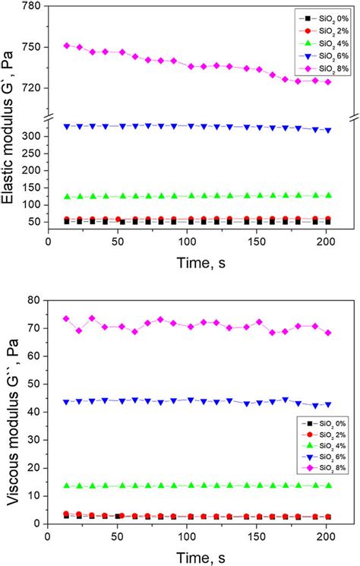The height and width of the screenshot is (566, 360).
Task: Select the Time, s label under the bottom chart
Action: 187,558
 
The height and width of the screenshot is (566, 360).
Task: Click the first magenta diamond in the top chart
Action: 67,46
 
